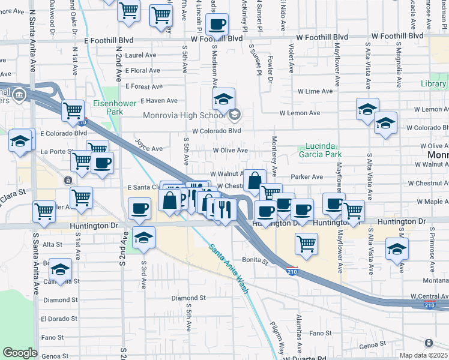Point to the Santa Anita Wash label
coord(228,265)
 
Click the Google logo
coord(20,353)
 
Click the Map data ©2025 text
coord(424,355)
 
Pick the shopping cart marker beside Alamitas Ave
coord(306,243)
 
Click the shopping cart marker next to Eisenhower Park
coord(73,109)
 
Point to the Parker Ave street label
coord(307,177)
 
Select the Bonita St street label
coord(255,260)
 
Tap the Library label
coord(433,84)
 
